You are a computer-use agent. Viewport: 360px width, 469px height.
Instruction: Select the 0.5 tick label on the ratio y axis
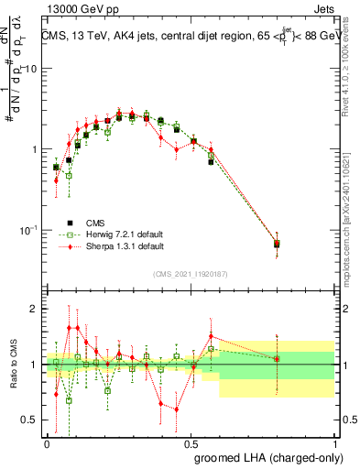click(x=28, y=420)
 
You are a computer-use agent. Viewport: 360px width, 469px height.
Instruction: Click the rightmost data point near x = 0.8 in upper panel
click(x=277, y=244)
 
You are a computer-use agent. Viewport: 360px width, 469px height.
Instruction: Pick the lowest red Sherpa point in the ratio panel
click(x=176, y=409)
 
